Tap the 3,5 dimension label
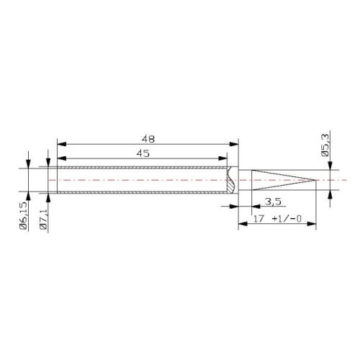point(273,200)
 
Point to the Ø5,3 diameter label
point(325,144)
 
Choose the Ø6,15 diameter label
point(24,216)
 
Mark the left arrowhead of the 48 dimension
point(52,143)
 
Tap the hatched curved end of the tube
point(230,181)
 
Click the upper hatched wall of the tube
point(144,169)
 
